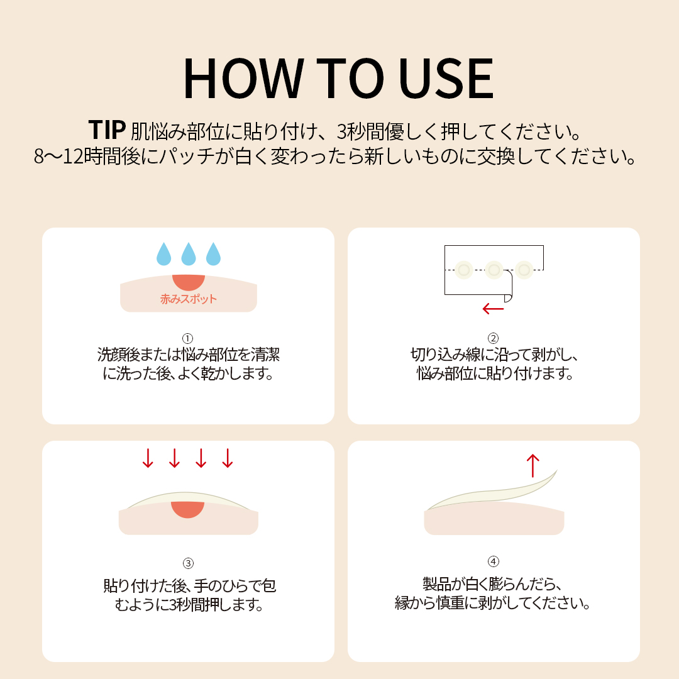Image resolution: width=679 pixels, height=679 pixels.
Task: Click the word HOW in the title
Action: [x=243, y=78]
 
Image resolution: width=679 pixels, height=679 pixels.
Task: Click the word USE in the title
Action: [x=446, y=78]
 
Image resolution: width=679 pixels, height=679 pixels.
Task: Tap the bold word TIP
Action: [x=107, y=130]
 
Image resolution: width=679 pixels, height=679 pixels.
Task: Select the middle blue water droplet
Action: [x=189, y=254]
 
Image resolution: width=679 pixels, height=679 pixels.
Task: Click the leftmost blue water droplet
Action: [x=163, y=254]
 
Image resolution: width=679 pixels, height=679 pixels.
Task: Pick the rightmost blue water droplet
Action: [x=213, y=254]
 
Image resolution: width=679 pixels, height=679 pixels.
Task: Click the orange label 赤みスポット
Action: [x=189, y=299]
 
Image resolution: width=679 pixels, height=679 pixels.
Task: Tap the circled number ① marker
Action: [x=187, y=338]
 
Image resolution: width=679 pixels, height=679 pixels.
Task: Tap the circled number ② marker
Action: [x=494, y=338]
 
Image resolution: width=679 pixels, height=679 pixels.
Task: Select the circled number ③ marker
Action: [x=188, y=563]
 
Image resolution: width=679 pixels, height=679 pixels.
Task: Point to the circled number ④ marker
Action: [x=494, y=561]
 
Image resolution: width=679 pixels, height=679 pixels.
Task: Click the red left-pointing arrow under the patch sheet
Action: [x=494, y=309]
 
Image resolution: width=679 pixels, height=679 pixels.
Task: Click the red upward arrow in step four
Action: [x=533, y=465]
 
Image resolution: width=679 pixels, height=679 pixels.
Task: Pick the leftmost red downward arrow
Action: [x=148, y=458]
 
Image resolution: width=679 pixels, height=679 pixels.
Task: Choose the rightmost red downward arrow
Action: [x=228, y=458]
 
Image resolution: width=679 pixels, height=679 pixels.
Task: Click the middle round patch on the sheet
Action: [x=494, y=270]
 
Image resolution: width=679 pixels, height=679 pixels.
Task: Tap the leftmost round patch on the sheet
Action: [x=464, y=270]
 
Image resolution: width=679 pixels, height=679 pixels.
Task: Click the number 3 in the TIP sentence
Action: [x=341, y=131]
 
